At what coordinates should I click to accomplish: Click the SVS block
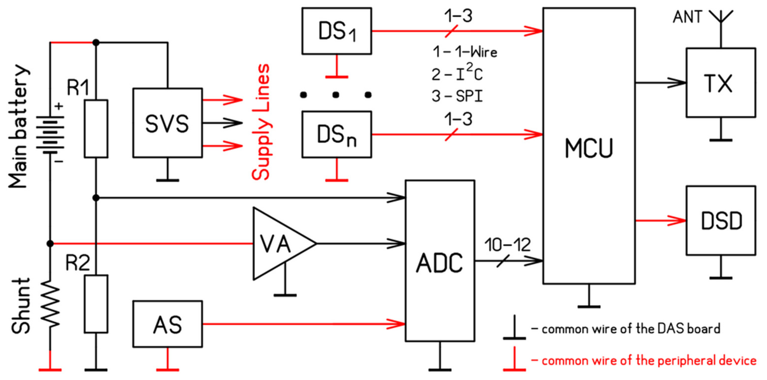tap(167, 123)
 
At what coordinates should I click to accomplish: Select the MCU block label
tap(589, 148)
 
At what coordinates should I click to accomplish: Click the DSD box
tap(721, 220)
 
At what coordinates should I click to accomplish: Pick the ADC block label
tap(440, 263)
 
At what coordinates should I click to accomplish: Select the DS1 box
tap(336, 31)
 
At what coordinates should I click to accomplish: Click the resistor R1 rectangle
tap(96, 129)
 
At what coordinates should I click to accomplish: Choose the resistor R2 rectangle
tap(96, 304)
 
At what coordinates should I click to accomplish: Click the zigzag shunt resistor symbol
tap(50, 304)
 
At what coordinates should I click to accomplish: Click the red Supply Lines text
tap(261, 122)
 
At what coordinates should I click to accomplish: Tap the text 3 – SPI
tap(457, 96)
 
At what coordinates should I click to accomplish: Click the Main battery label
tap(18, 127)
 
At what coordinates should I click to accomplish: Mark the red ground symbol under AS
tap(167, 369)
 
